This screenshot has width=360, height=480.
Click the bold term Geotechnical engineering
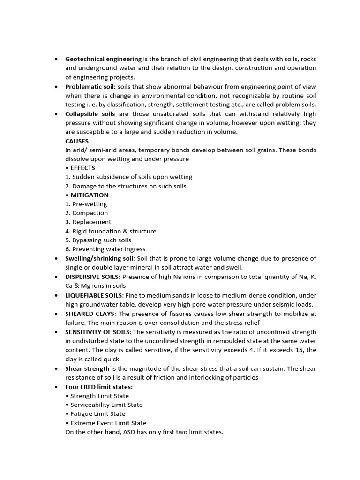103,59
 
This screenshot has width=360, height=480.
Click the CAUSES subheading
77,141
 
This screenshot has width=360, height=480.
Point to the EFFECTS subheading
82,168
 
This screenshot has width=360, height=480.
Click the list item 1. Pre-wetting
86,204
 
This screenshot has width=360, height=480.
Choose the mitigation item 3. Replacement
88,222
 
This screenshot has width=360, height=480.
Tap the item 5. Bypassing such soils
98,240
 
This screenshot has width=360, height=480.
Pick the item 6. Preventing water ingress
105,249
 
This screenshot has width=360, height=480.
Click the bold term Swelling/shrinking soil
100,258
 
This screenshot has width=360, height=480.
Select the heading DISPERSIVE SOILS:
93,277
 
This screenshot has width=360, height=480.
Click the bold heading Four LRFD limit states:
99,387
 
